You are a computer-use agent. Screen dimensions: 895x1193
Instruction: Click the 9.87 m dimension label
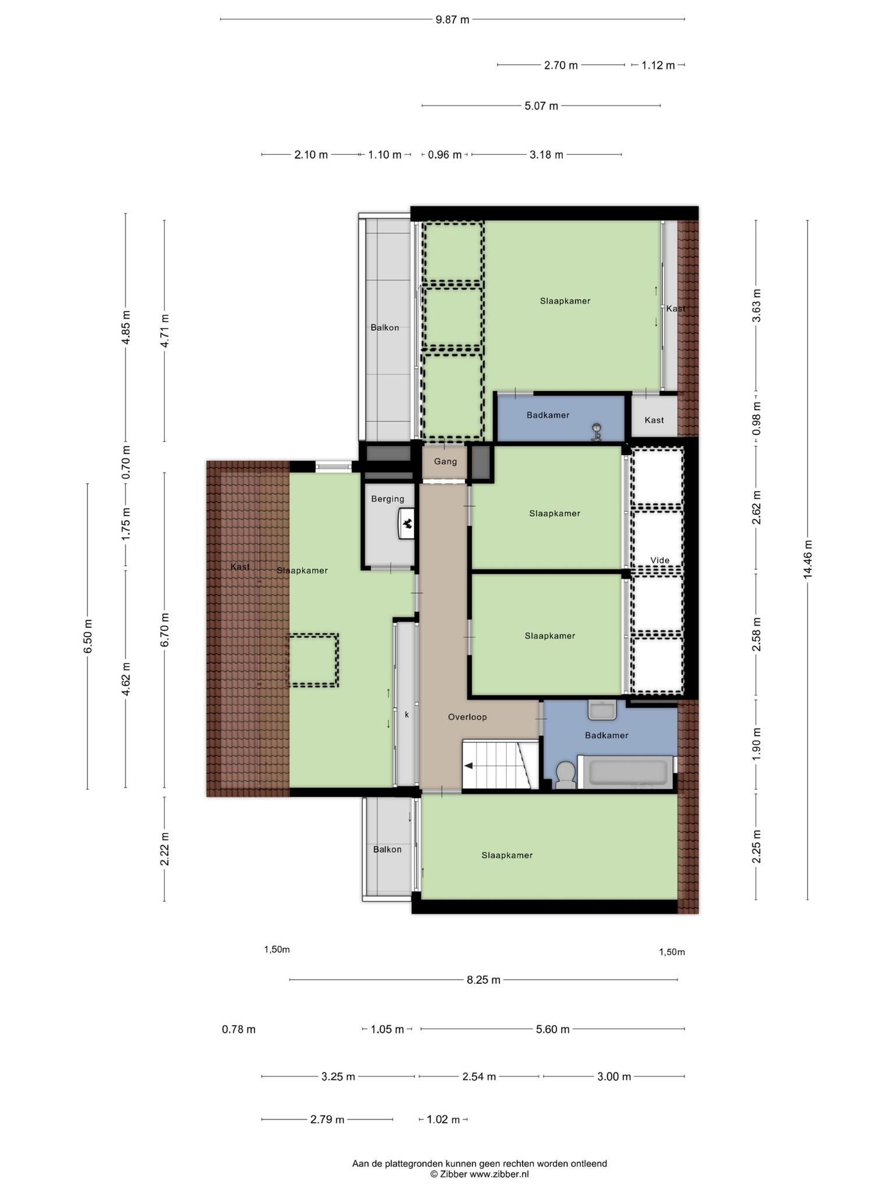point(452,19)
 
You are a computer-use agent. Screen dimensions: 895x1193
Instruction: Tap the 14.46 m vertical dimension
point(808,560)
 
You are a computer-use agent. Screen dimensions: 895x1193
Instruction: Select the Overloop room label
point(467,717)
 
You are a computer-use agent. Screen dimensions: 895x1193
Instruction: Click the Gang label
point(446,461)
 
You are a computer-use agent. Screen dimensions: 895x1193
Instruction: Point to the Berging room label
point(388,499)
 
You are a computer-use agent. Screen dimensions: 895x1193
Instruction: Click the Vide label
point(660,560)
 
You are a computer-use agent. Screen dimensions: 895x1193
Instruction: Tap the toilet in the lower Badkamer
point(565,775)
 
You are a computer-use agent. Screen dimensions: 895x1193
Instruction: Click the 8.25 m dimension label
point(484,980)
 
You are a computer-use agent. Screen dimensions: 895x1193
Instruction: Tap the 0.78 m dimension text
point(239,1029)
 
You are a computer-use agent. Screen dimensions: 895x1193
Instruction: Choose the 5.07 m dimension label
point(541,106)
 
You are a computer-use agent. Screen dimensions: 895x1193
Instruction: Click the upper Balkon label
point(385,328)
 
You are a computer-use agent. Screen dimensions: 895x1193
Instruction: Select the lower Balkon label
point(387,849)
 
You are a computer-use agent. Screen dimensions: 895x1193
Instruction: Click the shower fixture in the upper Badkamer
point(596,432)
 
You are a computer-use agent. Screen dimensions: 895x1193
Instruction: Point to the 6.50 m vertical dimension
point(88,637)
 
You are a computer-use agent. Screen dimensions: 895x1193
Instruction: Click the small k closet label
point(407,714)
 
